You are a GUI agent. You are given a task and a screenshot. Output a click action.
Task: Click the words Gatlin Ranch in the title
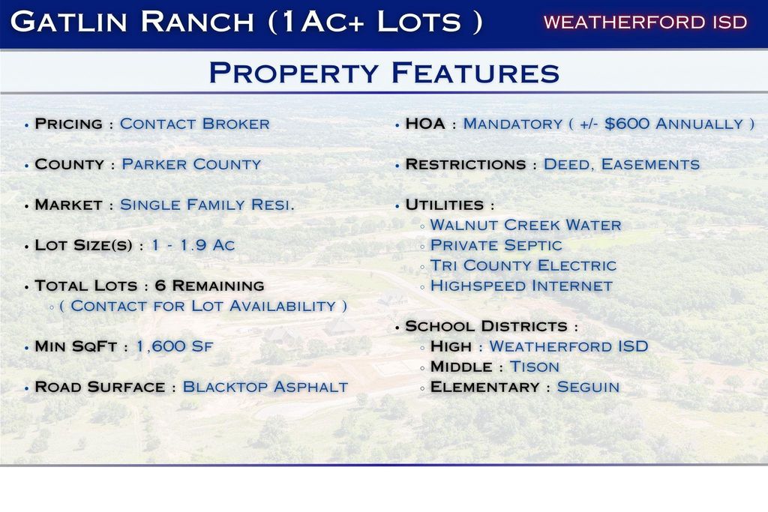click(132, 22)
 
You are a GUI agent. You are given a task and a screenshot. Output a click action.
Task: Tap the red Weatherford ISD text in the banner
click(645, 22)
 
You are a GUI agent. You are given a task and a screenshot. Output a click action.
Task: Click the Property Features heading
click(384, 73)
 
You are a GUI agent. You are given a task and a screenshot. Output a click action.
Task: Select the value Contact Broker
click(194, 124)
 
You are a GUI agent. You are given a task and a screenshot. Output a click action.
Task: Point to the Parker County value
click(191, 164)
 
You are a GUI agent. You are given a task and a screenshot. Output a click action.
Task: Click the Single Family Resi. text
click(207, 205)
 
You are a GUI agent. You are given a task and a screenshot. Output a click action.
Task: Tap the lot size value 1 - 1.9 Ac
click(193, 244)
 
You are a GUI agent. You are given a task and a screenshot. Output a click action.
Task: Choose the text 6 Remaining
click(210, 286)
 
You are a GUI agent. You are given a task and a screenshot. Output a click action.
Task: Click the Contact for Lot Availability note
click(202, 306)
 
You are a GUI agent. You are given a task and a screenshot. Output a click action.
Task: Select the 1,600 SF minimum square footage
click(174, 346)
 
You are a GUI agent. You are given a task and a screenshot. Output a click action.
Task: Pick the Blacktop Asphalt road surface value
click(265, 387)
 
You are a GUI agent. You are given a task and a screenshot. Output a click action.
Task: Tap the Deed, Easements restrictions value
click(622, 164)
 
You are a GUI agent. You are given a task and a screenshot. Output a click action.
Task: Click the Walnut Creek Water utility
click(526, 225)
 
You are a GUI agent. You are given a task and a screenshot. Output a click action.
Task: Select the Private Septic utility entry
click(496, 245)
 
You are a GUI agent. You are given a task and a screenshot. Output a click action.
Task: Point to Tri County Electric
click(523, 265)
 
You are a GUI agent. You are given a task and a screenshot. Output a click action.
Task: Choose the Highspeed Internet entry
click(521, 286)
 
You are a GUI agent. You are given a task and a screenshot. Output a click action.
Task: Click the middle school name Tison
click(534, 367)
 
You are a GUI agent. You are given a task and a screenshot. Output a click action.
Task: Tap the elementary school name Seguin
click(588, 387)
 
